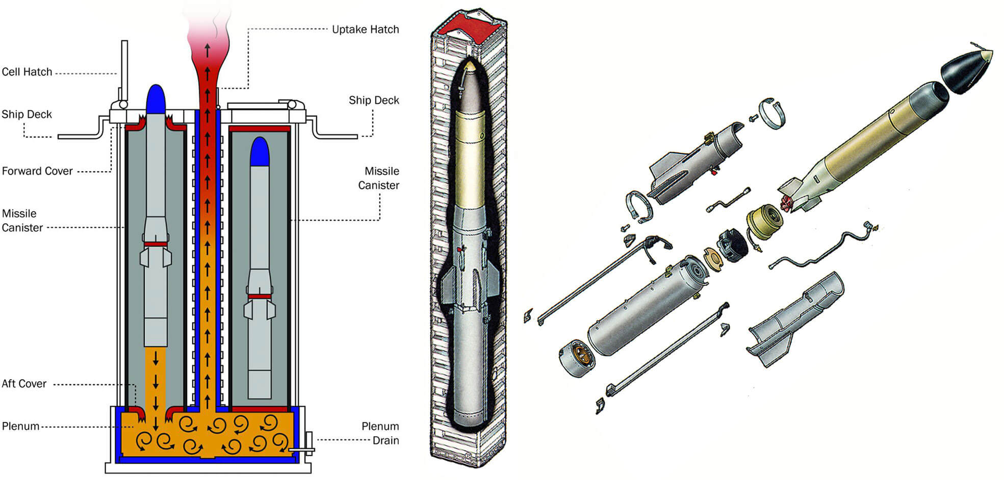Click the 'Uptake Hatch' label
pyautogui.click(x=365, y=30)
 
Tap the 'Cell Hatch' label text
pyautogui.click(x=27, y=72)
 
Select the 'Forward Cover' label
pyautogui.click(x=37, y=171)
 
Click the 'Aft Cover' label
pyautogui.click(x=24, y=384)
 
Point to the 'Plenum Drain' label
pyautogui.click(x=380, y=433)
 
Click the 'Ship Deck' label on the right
pyautogui.click(x=374, y=100)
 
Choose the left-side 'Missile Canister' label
pyautogui.click(x=22, y=221)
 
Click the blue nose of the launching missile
pyautogui.click(x=156, y=99)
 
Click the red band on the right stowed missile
pyautogui.click(x=260, y=296)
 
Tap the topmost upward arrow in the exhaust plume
pyautogui.click(x=208, y=50)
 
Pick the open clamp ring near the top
pyautogui.click(x=772, y=113)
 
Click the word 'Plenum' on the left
pyautogui.click(x=20, y=426)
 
